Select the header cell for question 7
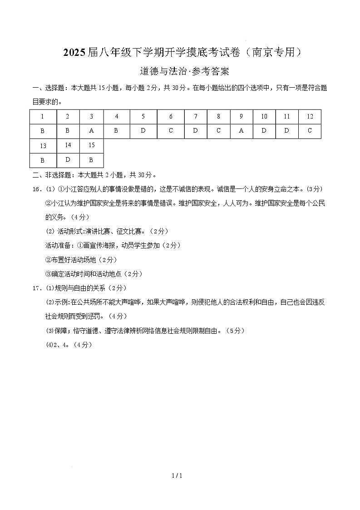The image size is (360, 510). tap(196, 117)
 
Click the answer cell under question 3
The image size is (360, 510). tap(91, 131)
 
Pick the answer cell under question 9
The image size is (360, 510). tap(241, 131)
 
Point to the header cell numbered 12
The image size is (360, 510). tap(310, 117)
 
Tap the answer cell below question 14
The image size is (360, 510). tap(68, 160)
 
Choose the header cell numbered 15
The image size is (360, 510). tap(91, 145)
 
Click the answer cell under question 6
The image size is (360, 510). tap(171, 131)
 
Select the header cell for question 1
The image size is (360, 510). tap(42, 117)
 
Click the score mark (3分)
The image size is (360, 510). tap(314, 189)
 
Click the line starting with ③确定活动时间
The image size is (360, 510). tap(87, 274)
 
